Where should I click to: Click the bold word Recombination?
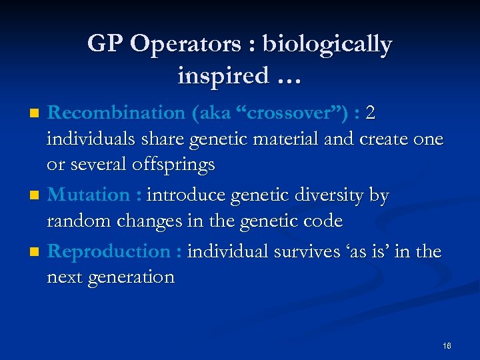coord(117,113)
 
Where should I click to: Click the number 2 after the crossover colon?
coord(370,113)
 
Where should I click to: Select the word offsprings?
coord(173,165)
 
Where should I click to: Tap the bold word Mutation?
coord(89,195)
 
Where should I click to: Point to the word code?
coord(323,221)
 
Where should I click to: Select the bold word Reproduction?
coord(109,251)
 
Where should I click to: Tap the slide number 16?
coord(446,345)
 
